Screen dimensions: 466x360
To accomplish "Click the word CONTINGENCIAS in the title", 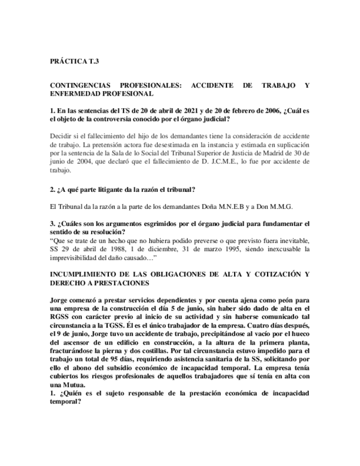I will click(79, 86).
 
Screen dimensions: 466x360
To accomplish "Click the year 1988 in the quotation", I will click(109, 249).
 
